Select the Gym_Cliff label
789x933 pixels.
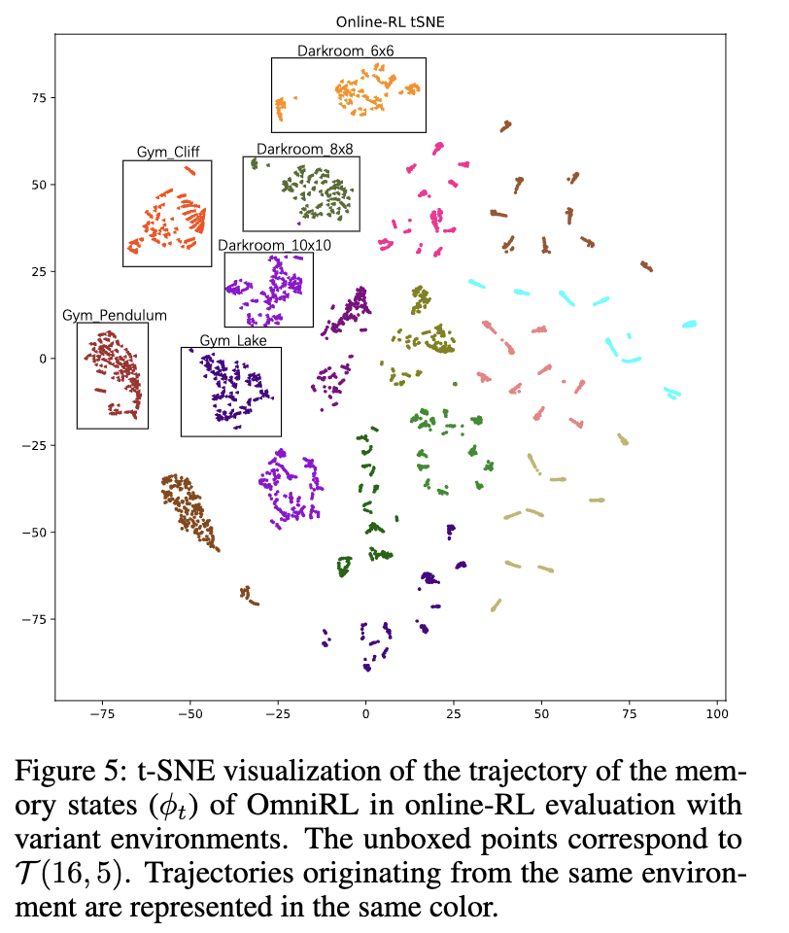[167, 153]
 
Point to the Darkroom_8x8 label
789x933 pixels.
[304, 149]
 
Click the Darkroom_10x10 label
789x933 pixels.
[274, 245]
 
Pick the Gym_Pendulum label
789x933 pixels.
[115, 315]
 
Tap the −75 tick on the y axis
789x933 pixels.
[37, 619]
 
